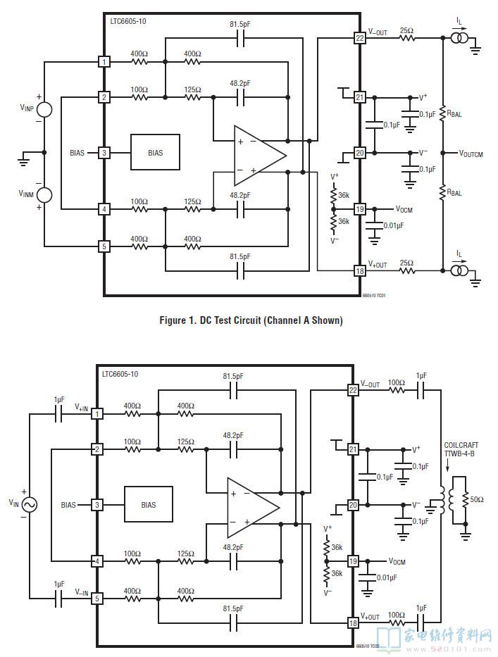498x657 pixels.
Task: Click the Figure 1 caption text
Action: click(251, 320)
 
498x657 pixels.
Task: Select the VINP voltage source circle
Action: click(44, 109)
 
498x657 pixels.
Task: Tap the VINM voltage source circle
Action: click(44, 196)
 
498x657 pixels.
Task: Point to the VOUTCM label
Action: click(471, 153)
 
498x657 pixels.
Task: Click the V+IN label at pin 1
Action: click(82, 406)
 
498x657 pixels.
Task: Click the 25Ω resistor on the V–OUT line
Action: click(406, 38)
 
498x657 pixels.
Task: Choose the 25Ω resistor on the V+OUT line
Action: click(406, 270)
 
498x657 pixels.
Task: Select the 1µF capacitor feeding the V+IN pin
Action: click(59, 413)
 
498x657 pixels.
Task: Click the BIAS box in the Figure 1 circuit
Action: click(154, 152)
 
